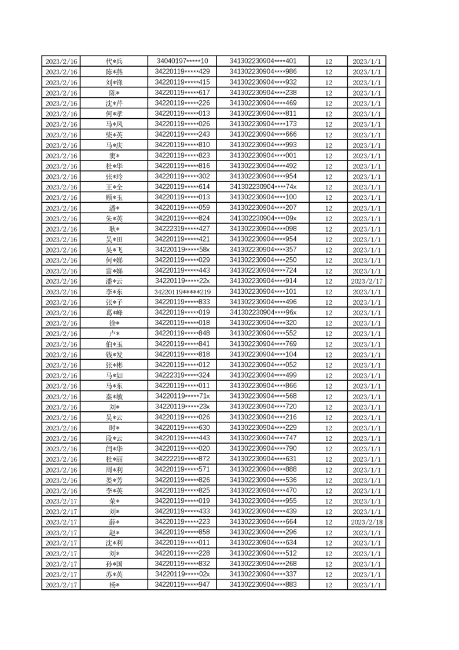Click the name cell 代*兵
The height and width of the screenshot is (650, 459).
tap(114, 61)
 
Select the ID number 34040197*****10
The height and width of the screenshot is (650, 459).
tap(182, 61)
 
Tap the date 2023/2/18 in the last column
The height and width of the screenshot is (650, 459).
tap(366, 523)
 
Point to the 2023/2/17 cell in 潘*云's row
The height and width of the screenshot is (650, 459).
tap(366, 282)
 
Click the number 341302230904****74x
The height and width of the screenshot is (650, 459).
tap(263, 187)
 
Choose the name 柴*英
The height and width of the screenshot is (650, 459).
tap(114, 135)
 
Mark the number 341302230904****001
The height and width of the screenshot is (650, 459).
tap(263, 156)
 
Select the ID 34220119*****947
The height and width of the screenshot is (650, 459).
tap(182, 585)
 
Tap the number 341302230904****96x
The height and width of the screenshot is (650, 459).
tap(263, 313)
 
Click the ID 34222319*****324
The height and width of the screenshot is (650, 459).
tap(182, 375)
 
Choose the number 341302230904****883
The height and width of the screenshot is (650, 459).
tap(263, 585)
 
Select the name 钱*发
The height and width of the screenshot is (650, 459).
tap(114, 355)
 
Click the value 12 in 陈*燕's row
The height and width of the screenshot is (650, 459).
tap(329, 72)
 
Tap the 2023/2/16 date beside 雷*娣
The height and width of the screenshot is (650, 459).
tap(61, 271)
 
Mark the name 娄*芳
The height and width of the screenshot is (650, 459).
tap(114, 480)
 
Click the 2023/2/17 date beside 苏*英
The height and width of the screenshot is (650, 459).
tap(61, 575)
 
